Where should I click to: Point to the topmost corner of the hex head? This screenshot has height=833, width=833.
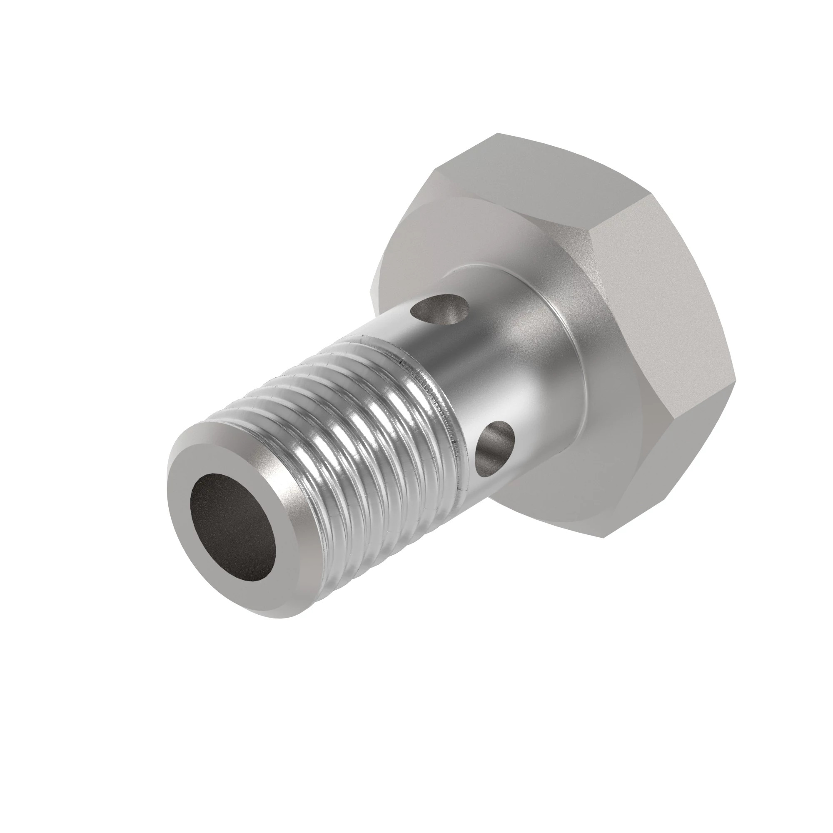pos(497,134)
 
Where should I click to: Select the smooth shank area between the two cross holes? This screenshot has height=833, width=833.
pos(466,379)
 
